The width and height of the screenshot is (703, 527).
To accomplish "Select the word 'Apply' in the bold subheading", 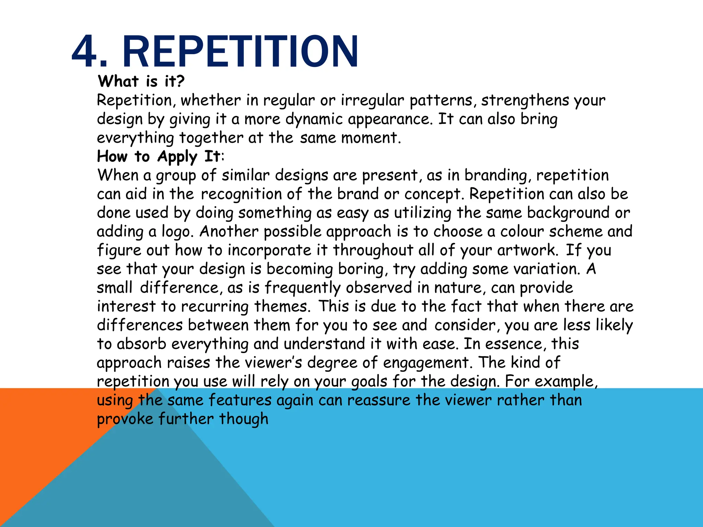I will point(177,157).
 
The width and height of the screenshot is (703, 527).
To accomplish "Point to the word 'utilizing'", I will point(423,213).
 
